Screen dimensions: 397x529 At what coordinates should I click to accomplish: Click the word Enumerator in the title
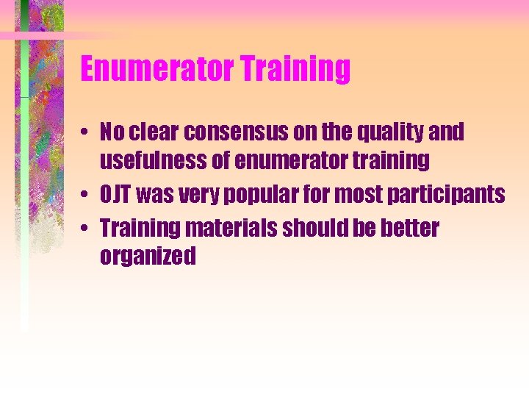click(x=156, y=69)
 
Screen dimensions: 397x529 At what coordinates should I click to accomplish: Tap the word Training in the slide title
click(x=295, y=69)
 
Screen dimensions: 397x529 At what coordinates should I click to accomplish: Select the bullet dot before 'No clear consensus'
click(x=87, y=132)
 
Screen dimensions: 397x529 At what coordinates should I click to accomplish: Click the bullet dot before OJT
click(x=87, y=195)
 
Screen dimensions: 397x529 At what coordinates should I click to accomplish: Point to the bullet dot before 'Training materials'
click(x=87, y=229)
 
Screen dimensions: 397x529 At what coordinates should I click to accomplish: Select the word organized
click(x=148, y=257)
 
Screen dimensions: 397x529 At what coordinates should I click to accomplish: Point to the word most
click(x=359, y=196)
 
